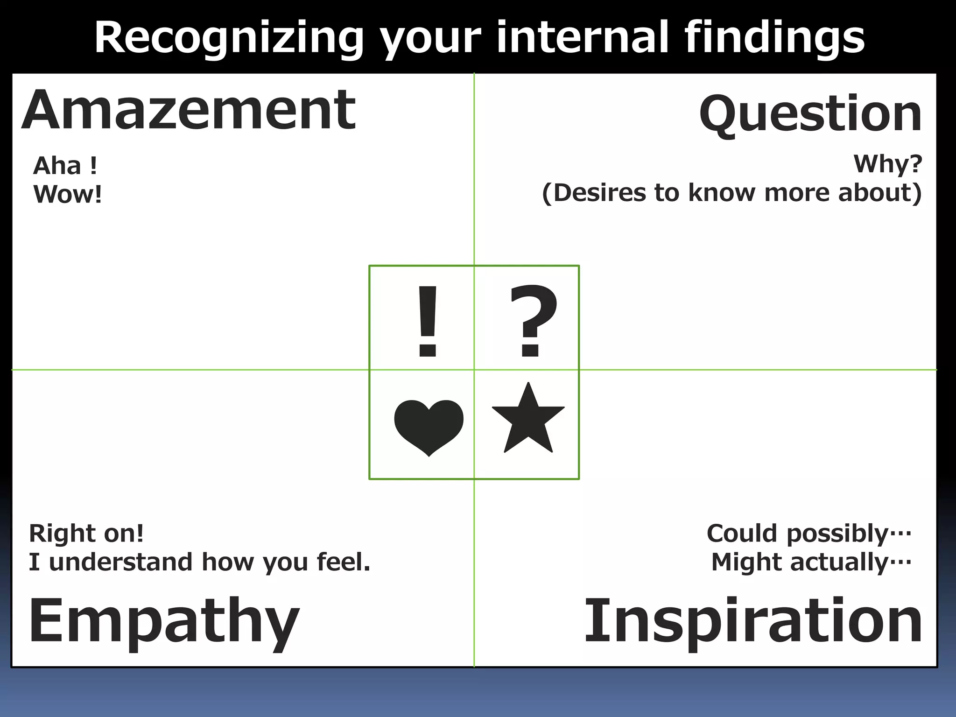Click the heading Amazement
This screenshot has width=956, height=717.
(x=189, y=111)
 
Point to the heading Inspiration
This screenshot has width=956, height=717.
(x=753, y=621)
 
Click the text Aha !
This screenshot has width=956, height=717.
(x=65, y=166)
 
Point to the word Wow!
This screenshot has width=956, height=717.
(x=68, y=195)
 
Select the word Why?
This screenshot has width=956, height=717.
(x=887, y=164)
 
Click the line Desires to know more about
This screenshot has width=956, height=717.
(x=731, y=193)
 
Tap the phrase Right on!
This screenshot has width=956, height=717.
(x=86, y=533)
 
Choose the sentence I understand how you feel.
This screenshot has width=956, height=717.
(x=199, y=562)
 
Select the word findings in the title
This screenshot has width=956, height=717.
(x=774, y=38)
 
